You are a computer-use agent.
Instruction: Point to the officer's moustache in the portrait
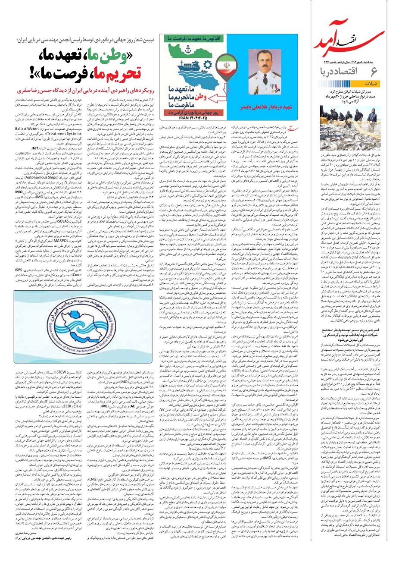coord(256,69)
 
